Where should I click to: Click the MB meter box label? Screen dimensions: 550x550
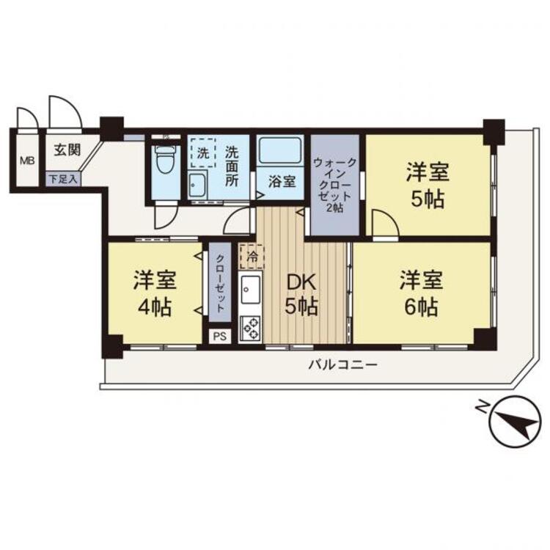[x=27, y=162]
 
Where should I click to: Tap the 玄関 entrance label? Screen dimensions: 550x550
[x=67, y=150]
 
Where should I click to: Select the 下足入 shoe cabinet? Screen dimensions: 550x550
[x=63, y=179]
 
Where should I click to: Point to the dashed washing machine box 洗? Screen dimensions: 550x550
[x=203, y=154]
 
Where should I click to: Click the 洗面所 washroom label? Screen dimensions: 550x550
[x=231, y=166]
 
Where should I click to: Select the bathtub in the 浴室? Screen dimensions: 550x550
[x=280, y=151]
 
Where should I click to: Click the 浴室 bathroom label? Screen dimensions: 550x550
[x=282, y=183]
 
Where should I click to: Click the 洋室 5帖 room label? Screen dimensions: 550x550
[x=428, y=186]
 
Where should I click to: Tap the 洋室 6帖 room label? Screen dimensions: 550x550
[x=421, y=294]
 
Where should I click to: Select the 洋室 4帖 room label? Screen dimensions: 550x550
[x=155, y=294]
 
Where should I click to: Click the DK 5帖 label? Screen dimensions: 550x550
[x=301, y=294]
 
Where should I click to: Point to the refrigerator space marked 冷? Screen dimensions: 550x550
[x=252, y=257]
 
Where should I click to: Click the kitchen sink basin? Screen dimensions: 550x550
[x=251, y=290]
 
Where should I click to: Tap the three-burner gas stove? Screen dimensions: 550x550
[x=251, y=329]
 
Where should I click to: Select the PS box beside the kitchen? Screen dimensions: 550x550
[x=220, y=337]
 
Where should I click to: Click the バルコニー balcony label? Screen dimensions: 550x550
[x=342, y=365]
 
